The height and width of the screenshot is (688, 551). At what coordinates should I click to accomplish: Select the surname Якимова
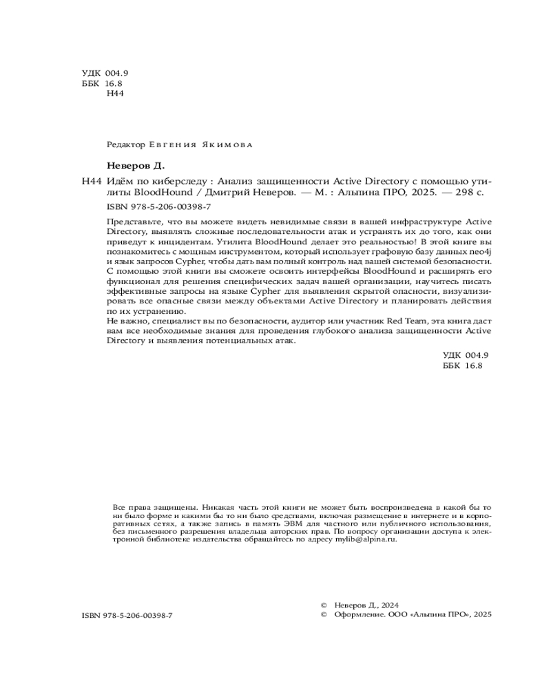(x=227, y=145)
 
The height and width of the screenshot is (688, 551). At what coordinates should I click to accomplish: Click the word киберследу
(x=178, y=182)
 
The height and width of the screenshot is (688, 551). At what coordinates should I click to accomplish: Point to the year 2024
(x=388, y=604)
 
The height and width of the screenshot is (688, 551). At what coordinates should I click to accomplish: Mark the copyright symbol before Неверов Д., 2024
(x=324, y=604)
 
